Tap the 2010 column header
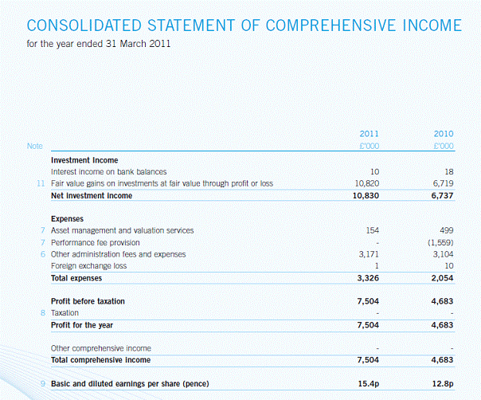point(444,133)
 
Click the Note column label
point(34,147)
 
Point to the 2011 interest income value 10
point(373,171)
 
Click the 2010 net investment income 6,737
point(440,195)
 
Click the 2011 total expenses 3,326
point(364,278)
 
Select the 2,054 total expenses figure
point(440,278)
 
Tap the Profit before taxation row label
point(88,302)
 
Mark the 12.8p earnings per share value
point(442,385)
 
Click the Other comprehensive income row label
point(100,348)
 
